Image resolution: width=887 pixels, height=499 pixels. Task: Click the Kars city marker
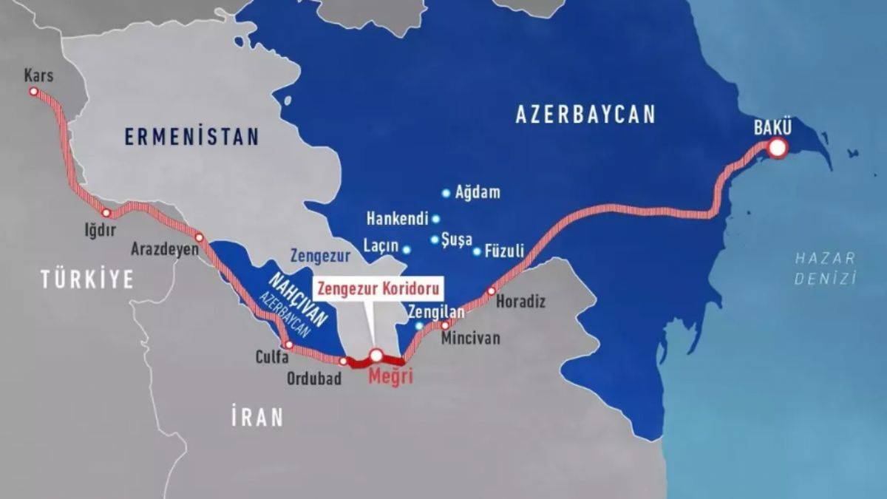pyautogui.click(x=33, y=92)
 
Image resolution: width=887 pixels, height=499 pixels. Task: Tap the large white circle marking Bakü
pyautogui.click(x=777, y=149)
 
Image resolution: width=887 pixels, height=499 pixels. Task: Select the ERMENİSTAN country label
pyautogui.click(x=191, y=137)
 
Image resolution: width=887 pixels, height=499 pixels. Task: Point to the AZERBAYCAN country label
pyautogui.click(x=585, y=115)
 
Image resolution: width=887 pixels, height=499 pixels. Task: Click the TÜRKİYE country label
pyautogui.click(x=87, y=279)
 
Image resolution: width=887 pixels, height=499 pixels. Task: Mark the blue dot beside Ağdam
pyautogui.click(x=446, y=193)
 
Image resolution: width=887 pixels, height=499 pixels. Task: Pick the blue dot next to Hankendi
pyautogui.click(x=436, y=219)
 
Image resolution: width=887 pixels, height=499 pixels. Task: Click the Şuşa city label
pyautogui.click(x=455, y=240)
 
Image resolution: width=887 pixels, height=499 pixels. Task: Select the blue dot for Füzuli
pyautogui.click(x=477, y=251)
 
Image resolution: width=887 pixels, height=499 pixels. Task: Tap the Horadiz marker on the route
pyautogui.click(x=491, y=291)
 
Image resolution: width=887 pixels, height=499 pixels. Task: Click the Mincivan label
pyautogui.click(x=470, y=339)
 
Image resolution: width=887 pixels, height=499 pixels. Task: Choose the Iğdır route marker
pyautogui.click(x=106, y=213)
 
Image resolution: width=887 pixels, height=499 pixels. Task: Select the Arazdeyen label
pyautogui.click(x=164, y=249)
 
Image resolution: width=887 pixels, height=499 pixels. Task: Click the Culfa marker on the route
pyautogui.click(x=289, y=345)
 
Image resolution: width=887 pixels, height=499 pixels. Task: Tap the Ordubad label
pyautogui.click(x=314, y=379)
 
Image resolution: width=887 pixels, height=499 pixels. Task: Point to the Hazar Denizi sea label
pyautogui.click(x=825, y=268)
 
